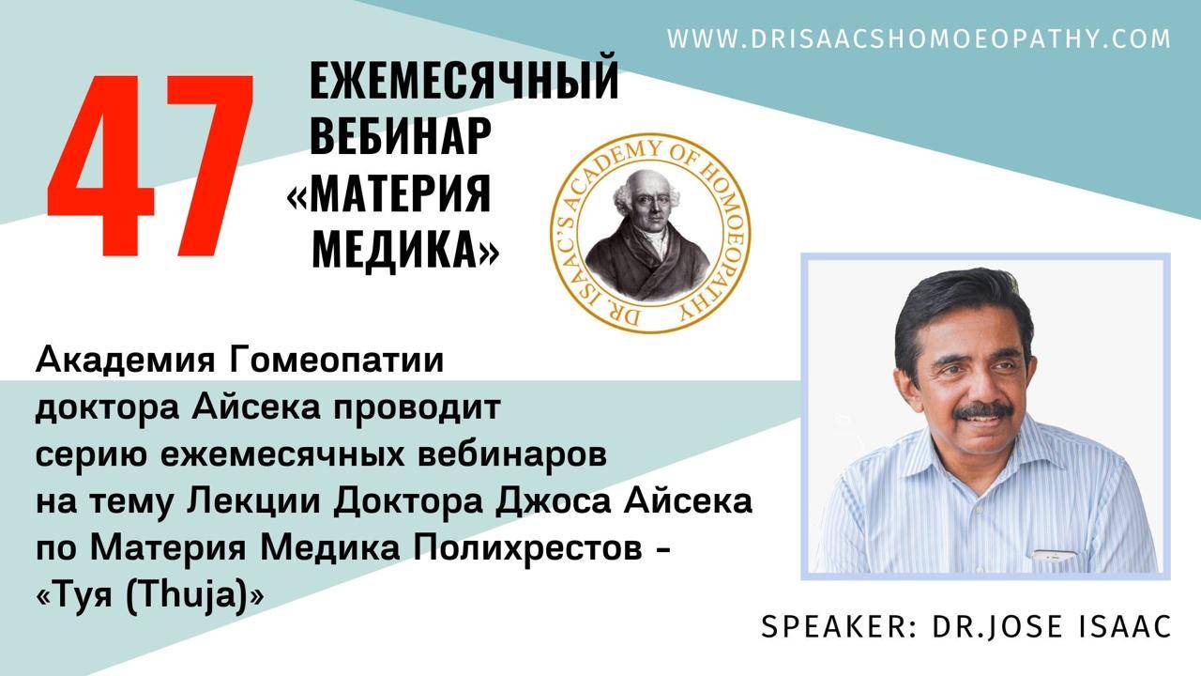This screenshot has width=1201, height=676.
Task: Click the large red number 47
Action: pyautogui.click(x=150, y=167)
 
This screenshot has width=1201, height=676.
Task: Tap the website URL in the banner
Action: pyautogui.click(x=919, y=38)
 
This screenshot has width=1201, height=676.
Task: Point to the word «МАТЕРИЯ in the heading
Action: pyautogui.click(x=388, y=193)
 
